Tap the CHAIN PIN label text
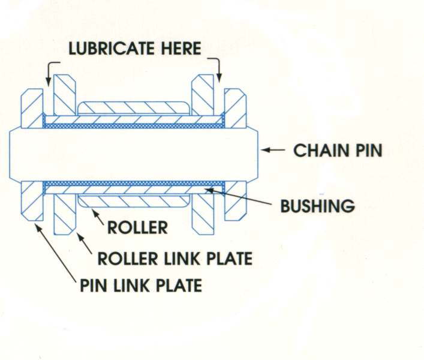pyautogui.click(x=337, y=150)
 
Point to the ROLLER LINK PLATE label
pyautogui.click(x=175, y=259)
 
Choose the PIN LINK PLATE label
pyautogui.click(x=141, y=285)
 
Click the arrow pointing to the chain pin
pyautogui.click(x=275, y=150)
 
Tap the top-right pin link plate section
pyautogui.click(x=235, y=108)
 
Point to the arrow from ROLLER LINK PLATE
pyautogui.click(x=83, y=242)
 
